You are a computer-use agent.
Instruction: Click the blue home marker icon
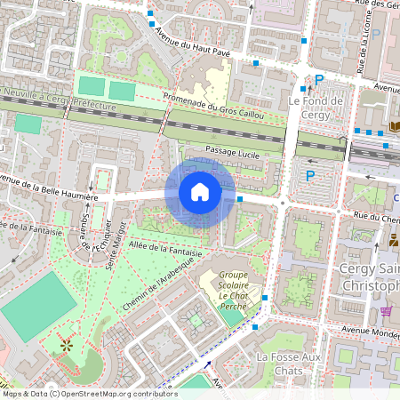[x=200, y=192]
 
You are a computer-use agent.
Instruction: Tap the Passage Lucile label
[x=231, y=152]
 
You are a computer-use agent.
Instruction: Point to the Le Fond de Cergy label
[x=316, y=108]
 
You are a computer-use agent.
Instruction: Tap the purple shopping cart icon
[x=386, y=311]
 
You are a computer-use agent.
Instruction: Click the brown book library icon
[x=395, y=127]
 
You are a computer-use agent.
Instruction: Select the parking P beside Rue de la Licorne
[x=375, y=34]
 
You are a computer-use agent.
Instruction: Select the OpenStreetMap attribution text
[x=78, y=393]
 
